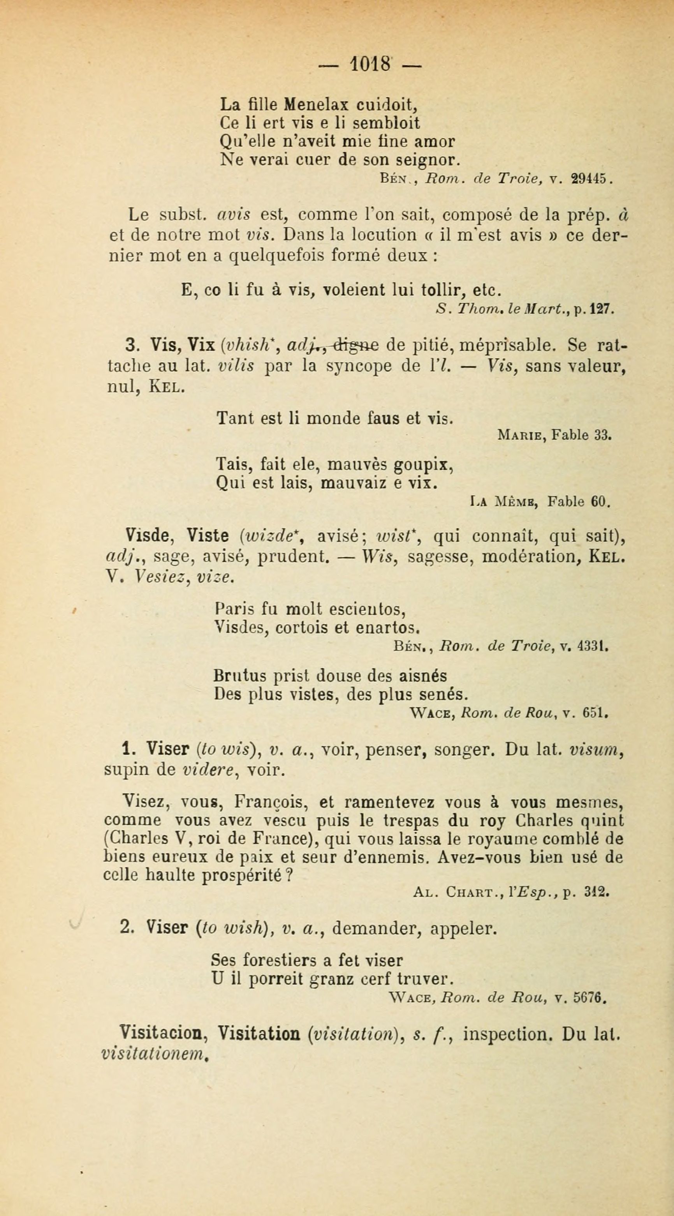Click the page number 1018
(370, 64)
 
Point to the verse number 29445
(584, 179)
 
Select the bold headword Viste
(208, 536)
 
